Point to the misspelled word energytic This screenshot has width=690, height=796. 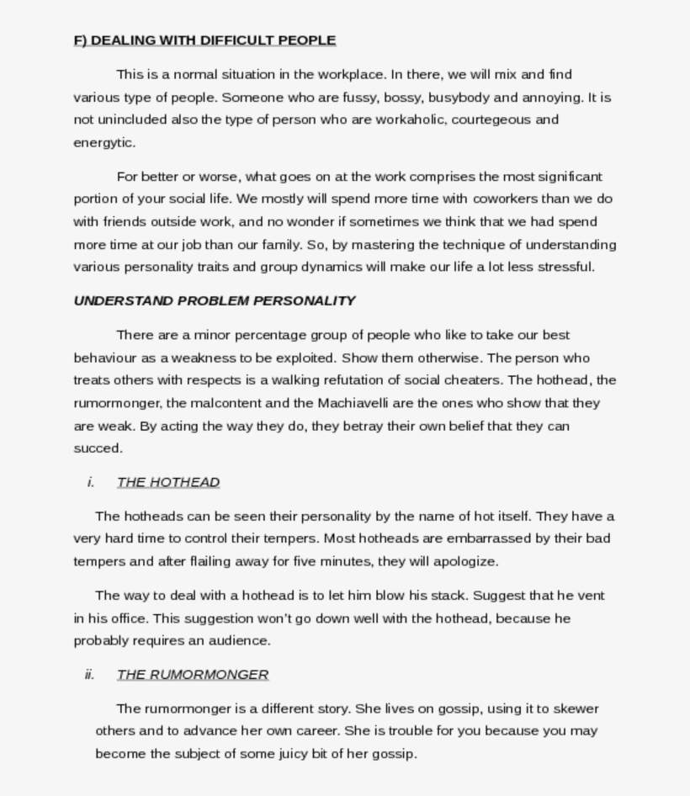click(103, 142)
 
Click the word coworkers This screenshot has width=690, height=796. click(510, 199)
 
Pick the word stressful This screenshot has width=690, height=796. click(565, 267)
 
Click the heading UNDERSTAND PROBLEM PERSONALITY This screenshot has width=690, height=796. click(215, 300)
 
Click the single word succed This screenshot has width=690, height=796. click(98, 448)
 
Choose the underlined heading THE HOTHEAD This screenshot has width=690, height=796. click(168, 482)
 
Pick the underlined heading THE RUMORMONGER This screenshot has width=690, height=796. click(193, 675)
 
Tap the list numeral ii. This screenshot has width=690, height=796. click(89, 675)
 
